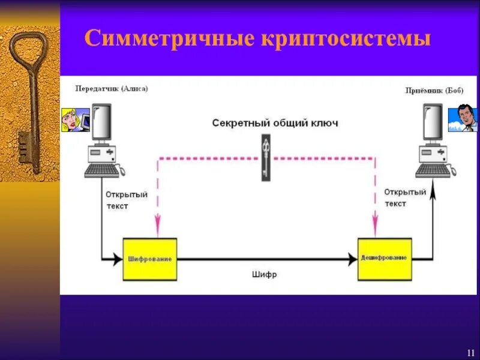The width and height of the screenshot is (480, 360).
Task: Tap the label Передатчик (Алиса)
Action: pyautogui.click(x=112, y=88)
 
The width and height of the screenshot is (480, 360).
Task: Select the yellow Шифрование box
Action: pyautogui.click(x=150, y=259)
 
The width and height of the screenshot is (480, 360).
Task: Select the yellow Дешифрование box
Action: pyautogui.click(x=385, y=258)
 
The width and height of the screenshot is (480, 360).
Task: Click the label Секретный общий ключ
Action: pyautogui.click(x=275, y=123)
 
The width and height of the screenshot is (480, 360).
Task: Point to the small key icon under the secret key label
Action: pyautogui.click(x=266, y=157)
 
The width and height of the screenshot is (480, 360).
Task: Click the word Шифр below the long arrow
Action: pyautogui.click(x=264, y=274)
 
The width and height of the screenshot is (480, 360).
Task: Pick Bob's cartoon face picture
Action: pyautogui.click(x=463, y=118)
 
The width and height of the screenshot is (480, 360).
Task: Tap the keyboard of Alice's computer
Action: pyautogui.click(x=101, y=170)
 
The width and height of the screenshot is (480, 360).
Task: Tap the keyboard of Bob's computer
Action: pyautogui.click(x=433, y=170)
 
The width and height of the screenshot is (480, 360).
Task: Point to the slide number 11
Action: pyautogui.click(x=470, y=352)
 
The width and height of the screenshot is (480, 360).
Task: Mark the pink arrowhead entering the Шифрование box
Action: pyautogui.click(x=157, y=229)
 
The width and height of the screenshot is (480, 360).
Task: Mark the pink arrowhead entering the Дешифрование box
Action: pyautogui.click(x=375, y=229)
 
